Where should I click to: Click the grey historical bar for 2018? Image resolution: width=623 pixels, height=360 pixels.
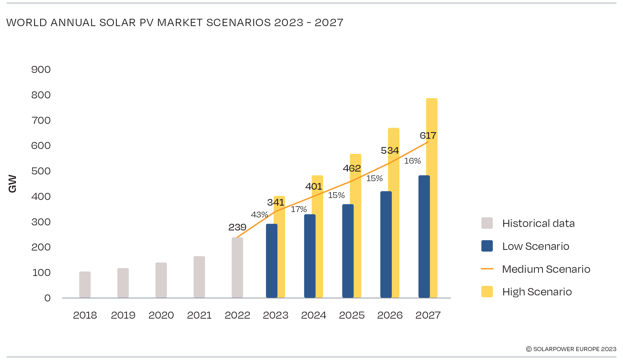85,285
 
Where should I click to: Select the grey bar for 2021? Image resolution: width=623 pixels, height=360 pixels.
199,277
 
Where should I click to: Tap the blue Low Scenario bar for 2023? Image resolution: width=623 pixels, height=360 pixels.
271,261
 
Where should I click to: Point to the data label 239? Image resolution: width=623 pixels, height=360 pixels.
237,227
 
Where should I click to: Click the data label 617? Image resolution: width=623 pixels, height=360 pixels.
428,136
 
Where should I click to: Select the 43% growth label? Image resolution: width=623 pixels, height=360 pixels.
259,215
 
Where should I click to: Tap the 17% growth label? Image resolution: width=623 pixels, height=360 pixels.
299,209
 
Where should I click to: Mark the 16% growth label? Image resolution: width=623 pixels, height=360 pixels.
412,161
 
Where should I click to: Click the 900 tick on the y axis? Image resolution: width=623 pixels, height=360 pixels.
41,69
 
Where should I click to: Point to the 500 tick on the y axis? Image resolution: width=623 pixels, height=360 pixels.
41,171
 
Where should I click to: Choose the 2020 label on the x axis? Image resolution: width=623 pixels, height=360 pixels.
161,315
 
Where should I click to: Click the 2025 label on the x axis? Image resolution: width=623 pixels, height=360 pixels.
352,315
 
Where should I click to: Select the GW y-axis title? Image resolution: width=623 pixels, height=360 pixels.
12,184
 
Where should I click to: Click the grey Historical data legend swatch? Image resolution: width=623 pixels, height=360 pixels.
487,223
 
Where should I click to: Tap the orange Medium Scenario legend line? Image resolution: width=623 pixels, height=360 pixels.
487,269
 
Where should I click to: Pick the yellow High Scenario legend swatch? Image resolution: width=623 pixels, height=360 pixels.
487,292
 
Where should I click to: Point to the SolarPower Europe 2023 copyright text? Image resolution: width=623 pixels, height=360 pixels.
571,349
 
